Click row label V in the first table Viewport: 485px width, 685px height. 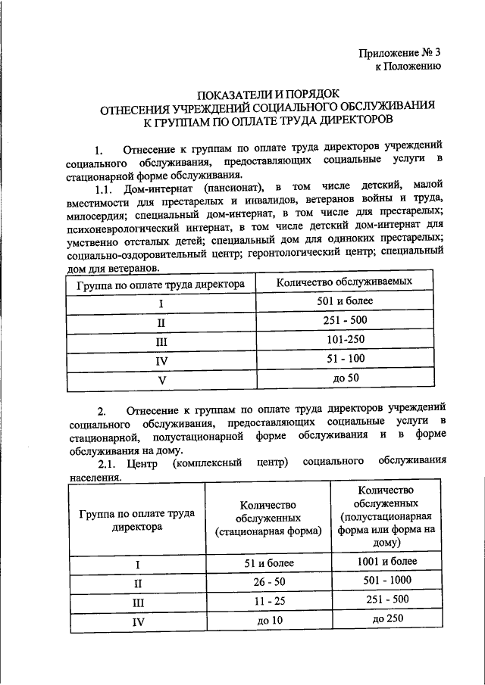pyautogui.click(x=161, y=379)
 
